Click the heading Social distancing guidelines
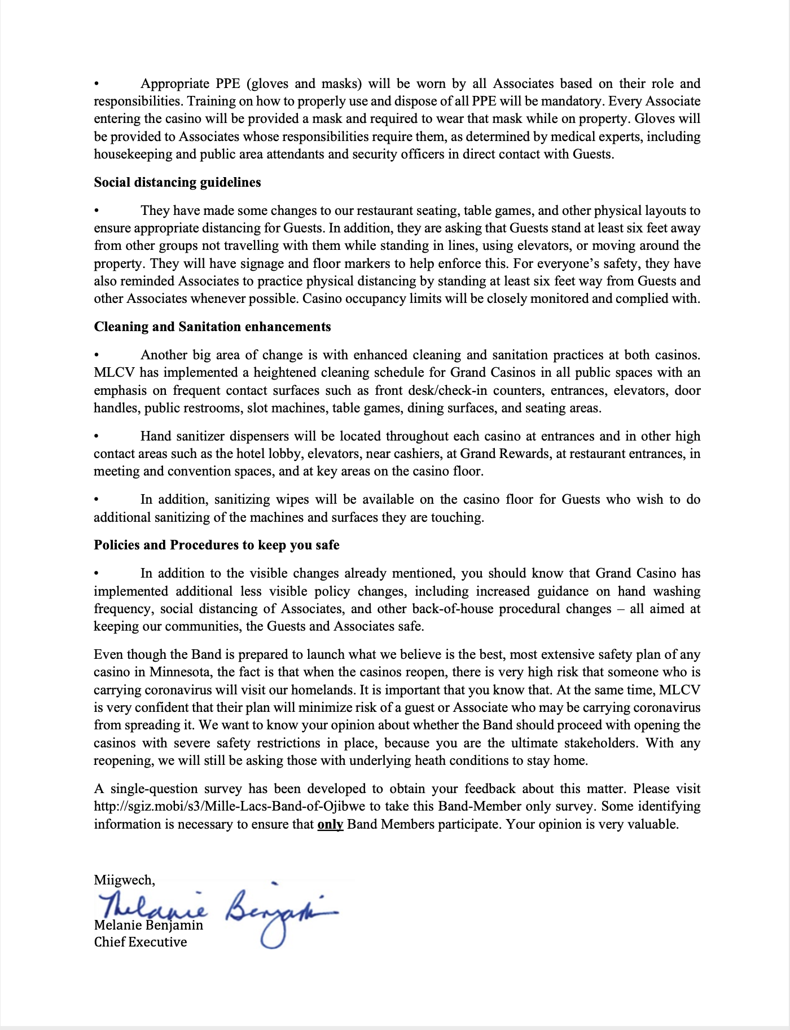coord(177,182)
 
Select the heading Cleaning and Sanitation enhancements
coord(212,327)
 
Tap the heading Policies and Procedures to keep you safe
coord(217,545)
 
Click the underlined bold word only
coord(330,824)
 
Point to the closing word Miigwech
coord(124,880)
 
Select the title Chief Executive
coord(141,942)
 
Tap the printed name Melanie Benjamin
coord(148,926)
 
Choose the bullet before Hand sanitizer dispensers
coord(96,436)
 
